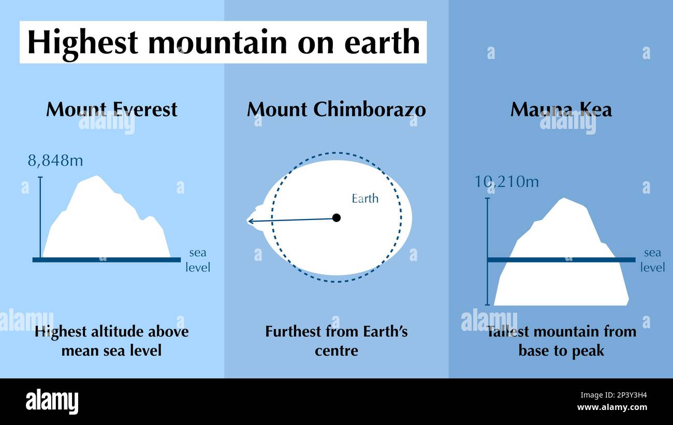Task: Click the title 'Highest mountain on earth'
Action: coord(223,42)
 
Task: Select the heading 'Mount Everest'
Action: coord(111,109)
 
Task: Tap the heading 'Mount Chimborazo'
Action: coord(336,109)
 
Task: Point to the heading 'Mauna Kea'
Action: coord(561,109)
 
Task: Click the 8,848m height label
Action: coord(55,160)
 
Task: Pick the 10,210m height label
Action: coord(506,182)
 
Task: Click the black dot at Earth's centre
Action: coord(336,218)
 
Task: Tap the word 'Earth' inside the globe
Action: coord(365,199)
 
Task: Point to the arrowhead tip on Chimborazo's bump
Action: coord(249,222)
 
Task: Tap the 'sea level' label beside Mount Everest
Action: coord(197,260)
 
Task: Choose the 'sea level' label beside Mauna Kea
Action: coord(652,260)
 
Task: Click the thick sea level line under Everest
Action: coord(107,260)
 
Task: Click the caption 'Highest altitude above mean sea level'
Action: coord(111,341)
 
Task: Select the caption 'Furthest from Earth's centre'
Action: coord(336,341)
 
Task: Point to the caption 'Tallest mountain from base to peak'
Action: coord(561,341)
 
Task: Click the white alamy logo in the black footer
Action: coord(52,401)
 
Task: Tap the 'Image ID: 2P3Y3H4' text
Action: coord(613,395)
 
